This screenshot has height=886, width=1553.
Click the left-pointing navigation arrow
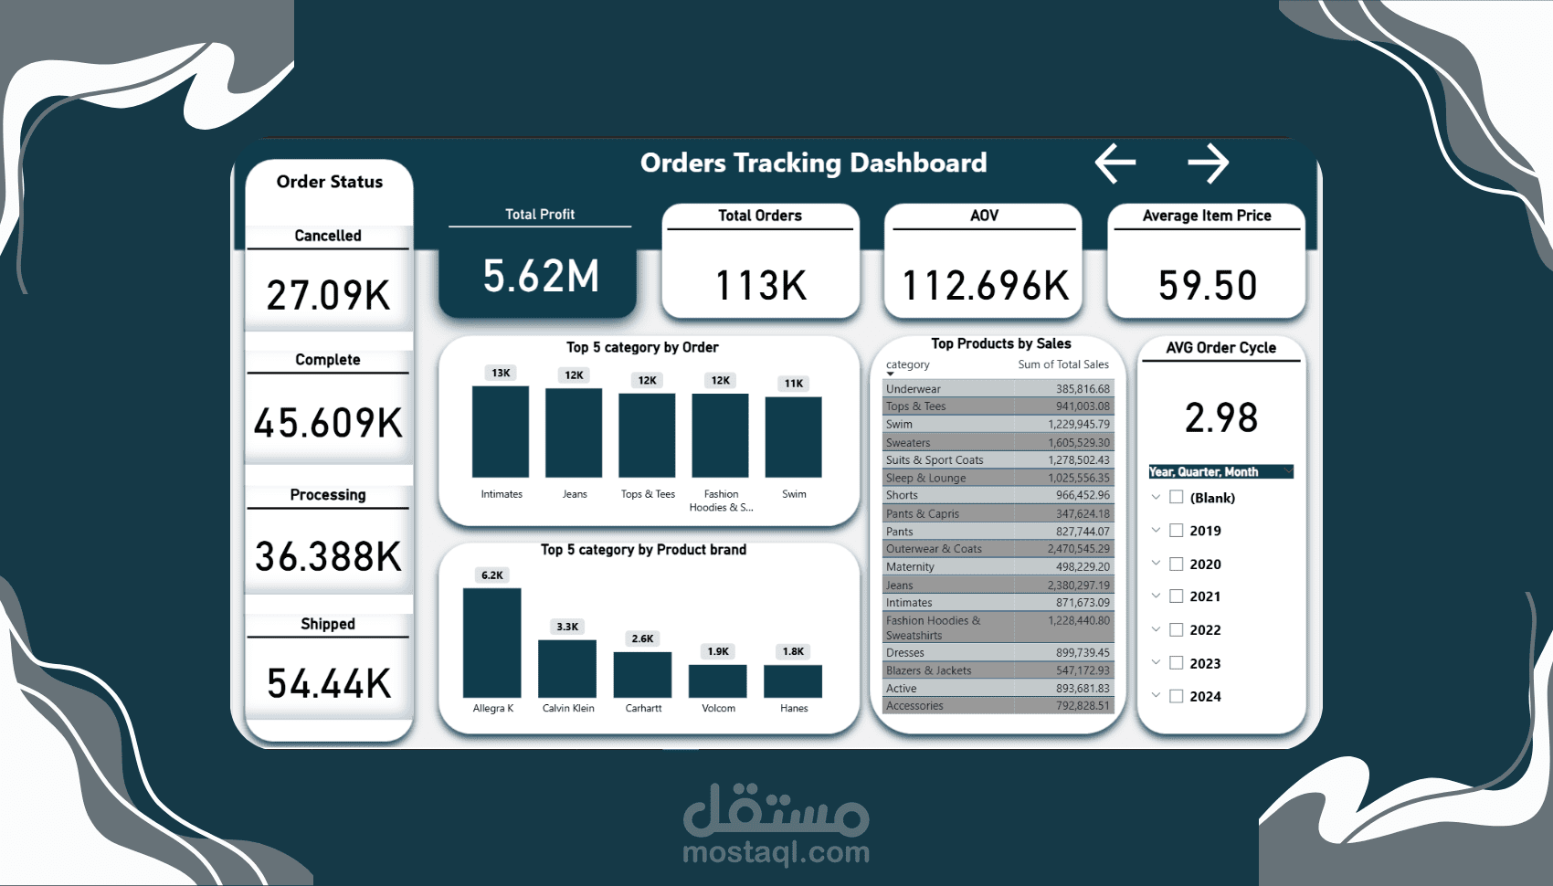(1115, 163)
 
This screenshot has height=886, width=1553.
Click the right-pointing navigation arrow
(1209, 163)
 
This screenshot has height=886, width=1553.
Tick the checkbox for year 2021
(1177, 596)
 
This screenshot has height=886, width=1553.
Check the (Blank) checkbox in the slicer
(1177, 498)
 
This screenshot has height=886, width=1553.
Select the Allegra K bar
(492, 643)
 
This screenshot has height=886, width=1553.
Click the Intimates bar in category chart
(501, 431)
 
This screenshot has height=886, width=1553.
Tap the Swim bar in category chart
(793, 437)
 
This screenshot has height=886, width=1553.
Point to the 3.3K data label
(567, 627)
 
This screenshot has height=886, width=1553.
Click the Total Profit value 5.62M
(541, 276)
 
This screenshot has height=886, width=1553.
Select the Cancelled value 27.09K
(328, 295)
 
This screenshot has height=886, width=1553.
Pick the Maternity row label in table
(910, 567)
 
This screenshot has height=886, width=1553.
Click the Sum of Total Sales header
(1063, 364)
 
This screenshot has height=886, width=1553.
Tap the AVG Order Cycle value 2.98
(1221, 417)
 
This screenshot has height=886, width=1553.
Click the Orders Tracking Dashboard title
(813, 163)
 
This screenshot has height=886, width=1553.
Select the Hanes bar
(793, 681)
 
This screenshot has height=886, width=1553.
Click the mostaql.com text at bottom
(776, 852)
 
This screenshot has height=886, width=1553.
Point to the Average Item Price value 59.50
(1208, 285)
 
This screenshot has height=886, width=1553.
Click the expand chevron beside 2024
(1156, 695)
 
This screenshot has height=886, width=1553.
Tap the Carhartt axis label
(643, 708)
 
